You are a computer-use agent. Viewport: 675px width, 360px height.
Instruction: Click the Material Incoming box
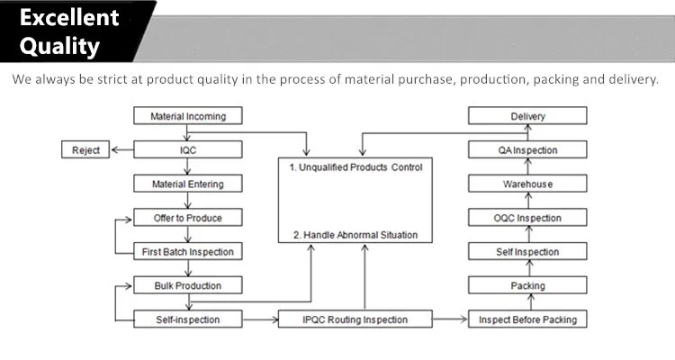[x=188, y=116]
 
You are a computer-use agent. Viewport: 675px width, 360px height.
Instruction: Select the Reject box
[x=85, y=150]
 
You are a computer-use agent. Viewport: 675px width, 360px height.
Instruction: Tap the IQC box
[x=188, y=150]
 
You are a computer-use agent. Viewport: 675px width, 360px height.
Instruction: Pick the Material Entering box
[x=188, y=184]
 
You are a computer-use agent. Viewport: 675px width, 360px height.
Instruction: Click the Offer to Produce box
[x=188, y=218]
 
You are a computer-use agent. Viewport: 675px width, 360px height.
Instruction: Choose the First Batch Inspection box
[x=188, y=251]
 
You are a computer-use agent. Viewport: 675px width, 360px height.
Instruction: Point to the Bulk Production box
[x=188, y=285]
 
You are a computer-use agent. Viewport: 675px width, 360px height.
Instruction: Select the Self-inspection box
[x=188, y=319]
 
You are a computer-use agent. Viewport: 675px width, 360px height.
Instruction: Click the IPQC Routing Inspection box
[x=355, y=319]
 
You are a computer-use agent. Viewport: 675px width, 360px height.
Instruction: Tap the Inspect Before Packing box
[x=527, y=319]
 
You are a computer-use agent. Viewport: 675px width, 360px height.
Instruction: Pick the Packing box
[x=527, y=285]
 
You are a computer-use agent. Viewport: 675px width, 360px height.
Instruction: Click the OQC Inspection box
[x=527, y=218]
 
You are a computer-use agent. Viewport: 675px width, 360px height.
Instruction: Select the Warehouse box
[x=527, y=184]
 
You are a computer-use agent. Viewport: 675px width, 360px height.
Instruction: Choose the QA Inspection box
[x=527, y=150]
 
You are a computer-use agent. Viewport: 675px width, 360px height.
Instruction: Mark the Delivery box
[x=527, y=116]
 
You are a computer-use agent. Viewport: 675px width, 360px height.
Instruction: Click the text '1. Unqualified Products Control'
[x=355, y=167]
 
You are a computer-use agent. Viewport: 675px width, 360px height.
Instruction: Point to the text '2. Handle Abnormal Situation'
[x=355, y=235]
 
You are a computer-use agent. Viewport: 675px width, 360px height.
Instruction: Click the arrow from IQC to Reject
[x=122, y=150]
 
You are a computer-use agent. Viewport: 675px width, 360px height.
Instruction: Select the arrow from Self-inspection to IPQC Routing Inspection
[x=260, y=319]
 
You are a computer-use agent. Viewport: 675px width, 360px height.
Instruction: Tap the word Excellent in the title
[x=69, y=18]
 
